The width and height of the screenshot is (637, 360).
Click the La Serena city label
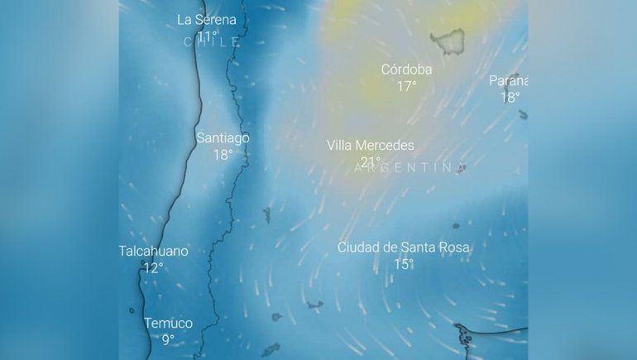[207, 20]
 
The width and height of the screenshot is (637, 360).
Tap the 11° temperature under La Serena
[207, 36]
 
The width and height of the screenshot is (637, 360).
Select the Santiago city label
[223, 138]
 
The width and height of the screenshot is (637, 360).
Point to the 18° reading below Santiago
[223, 155]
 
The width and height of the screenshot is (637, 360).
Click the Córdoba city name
[406, 70]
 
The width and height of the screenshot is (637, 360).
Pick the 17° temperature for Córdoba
[406, 86]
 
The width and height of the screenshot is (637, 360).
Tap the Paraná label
[508, 80]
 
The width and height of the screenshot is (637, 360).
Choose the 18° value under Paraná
[510, 97]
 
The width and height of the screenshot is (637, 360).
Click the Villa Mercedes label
[370, 146]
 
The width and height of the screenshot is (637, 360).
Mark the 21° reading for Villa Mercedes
[370, 162]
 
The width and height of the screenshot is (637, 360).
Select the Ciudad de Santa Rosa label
[403, 247]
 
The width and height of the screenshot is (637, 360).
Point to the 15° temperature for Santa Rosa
[403, 265]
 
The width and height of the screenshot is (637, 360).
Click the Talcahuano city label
[153, 251]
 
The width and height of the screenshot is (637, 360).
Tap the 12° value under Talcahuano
[153, 268]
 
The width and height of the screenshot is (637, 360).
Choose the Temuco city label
[168, 324]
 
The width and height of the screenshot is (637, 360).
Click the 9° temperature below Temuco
[168, 340]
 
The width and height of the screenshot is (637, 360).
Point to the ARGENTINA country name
[409, 168]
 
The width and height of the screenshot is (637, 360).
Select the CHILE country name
[212, 41]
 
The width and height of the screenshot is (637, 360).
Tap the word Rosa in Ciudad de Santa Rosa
[453, 247]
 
